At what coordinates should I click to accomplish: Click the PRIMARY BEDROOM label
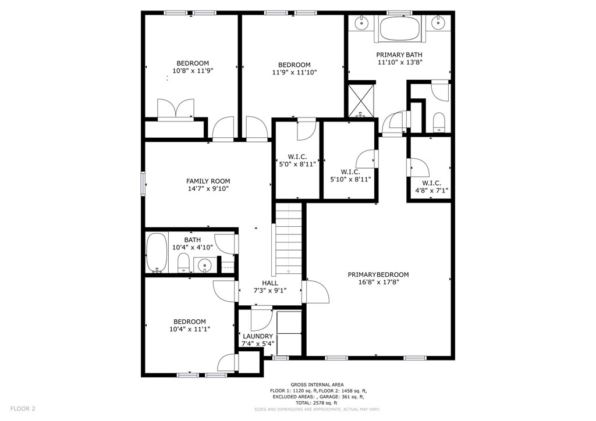coord(378,274)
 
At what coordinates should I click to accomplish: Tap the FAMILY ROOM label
coord(208,181)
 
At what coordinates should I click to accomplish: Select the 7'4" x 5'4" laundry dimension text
coord(258,343)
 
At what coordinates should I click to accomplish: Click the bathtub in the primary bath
coord(399,28)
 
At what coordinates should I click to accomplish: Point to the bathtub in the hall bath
coord(155,252)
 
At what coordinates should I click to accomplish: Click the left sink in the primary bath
coord(360,24)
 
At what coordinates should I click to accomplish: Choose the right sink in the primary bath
coord(438,24)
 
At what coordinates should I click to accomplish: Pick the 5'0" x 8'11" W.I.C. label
coord(297,160)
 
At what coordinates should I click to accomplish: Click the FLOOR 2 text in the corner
coord(23,409)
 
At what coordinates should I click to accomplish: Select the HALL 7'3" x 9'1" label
coord(269,286)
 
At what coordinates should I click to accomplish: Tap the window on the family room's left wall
coord(143,184)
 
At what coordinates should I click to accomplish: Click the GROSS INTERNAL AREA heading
coord(317,384)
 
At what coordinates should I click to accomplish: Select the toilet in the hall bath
coord(183,263)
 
